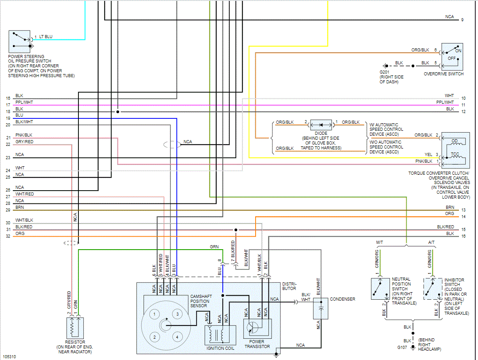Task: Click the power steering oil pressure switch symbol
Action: [x=19, y=42]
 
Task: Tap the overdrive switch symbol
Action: [x=452, y=56]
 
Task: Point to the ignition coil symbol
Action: [x=220, y=335]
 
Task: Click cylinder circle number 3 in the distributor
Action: [x=177, y=314]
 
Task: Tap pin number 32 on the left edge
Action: [x=8, y=236]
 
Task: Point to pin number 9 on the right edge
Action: [x=462, y=20]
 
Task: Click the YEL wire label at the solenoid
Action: [x=428, y=154]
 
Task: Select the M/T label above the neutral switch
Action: [x=380, y=243]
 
